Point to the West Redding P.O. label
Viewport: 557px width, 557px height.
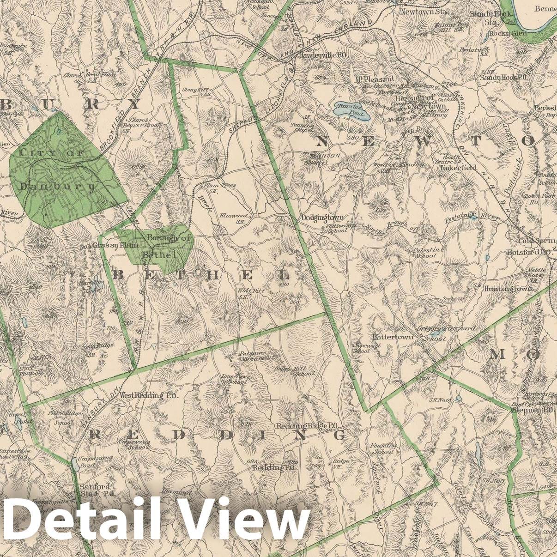pos(148,395)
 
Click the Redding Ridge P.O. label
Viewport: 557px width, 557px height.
pos(308,425)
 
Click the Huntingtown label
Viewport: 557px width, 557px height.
pos(508,289)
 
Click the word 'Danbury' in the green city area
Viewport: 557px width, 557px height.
pos(58,187)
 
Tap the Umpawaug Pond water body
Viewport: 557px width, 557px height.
pos(74,464)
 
